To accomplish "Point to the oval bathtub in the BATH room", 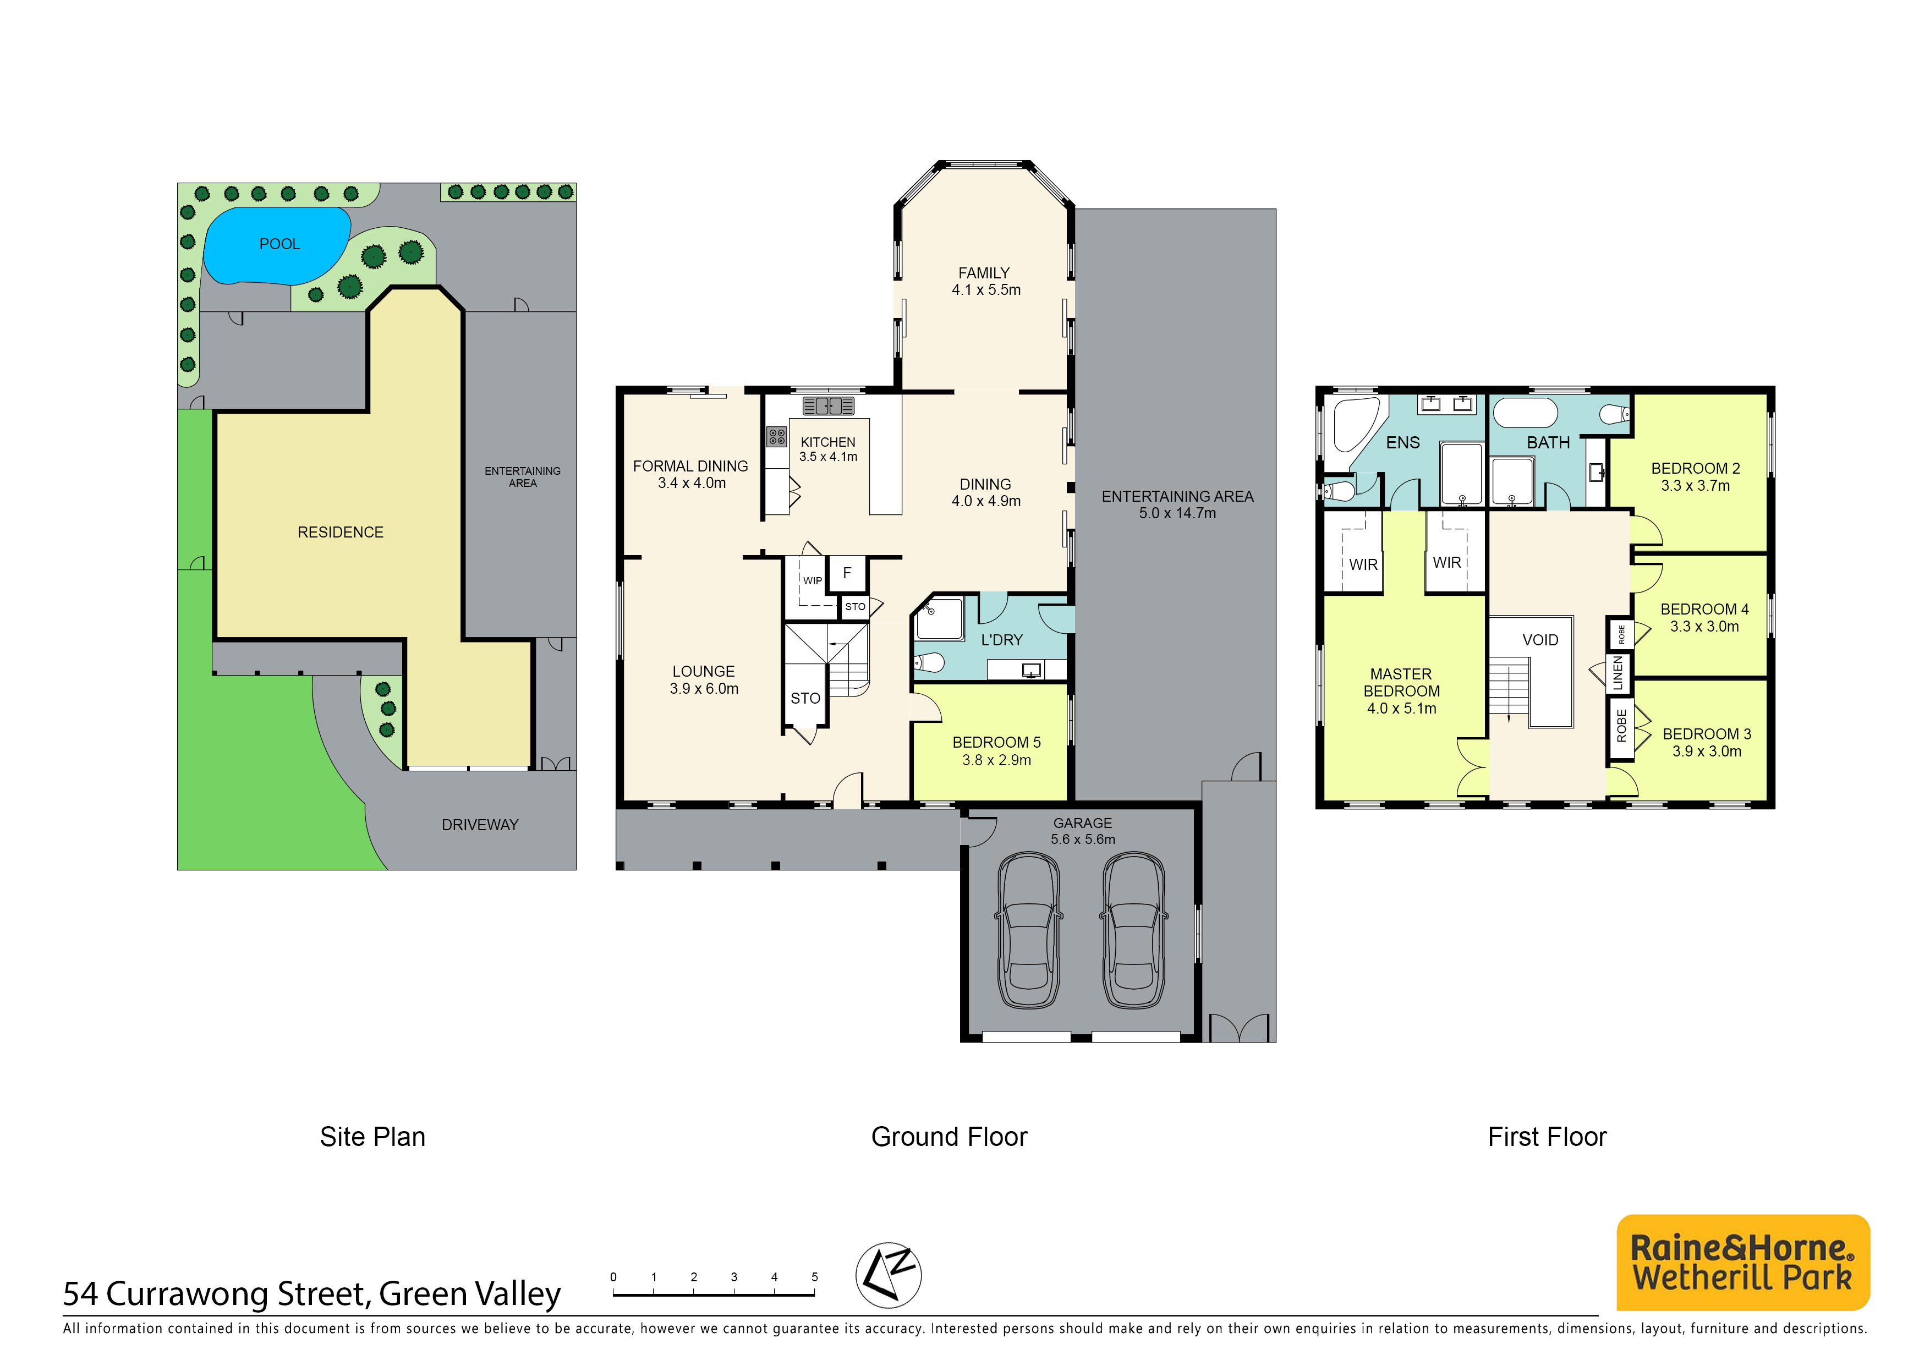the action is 1524,413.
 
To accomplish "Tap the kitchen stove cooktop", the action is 776,437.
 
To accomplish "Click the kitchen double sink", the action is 829,406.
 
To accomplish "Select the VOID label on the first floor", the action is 1540,640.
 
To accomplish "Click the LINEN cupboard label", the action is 1618,673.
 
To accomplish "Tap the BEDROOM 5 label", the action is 996,743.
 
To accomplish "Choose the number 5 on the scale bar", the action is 814,1277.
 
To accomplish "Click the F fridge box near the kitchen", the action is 847,573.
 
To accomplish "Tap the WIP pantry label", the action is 813,580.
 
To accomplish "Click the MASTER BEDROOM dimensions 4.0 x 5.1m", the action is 1401,708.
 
